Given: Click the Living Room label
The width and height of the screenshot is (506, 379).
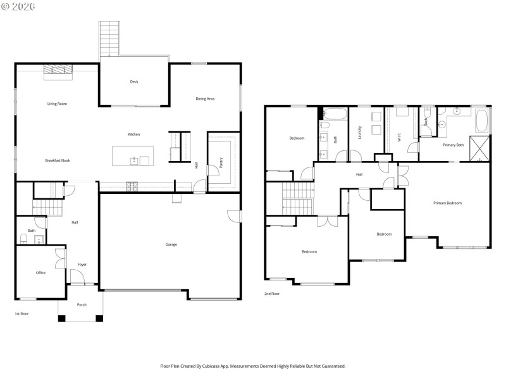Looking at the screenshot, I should (x=57, y=104).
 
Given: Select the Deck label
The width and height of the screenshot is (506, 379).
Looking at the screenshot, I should (x=134, y=81).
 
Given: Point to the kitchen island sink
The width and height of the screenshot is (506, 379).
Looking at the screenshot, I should (x=134, y=161).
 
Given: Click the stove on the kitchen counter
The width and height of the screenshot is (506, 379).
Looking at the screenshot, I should (x=133, y=186).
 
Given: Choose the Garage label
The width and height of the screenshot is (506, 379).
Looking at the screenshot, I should (x=171, y=244).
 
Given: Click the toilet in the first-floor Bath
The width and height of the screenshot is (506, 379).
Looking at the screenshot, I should (x=24, y=239).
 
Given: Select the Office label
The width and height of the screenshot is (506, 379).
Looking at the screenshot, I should (x=40, y=273).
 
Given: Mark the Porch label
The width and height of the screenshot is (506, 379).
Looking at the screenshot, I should (x=82, y=304).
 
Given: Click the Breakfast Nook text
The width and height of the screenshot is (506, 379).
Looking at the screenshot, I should (x=58, y=160).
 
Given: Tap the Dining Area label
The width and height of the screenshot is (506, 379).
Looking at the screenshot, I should (x=205, y=99).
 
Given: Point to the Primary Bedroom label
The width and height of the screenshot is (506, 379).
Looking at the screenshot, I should (x=447, y=203).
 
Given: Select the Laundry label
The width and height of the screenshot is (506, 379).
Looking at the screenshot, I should (x=359, y=133).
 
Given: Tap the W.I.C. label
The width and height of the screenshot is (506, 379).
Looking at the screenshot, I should (x=400, y=134).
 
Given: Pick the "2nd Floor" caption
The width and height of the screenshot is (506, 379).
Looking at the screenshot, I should (x=272, y=294).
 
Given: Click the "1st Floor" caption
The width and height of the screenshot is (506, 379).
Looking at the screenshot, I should (x=22, y=314).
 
